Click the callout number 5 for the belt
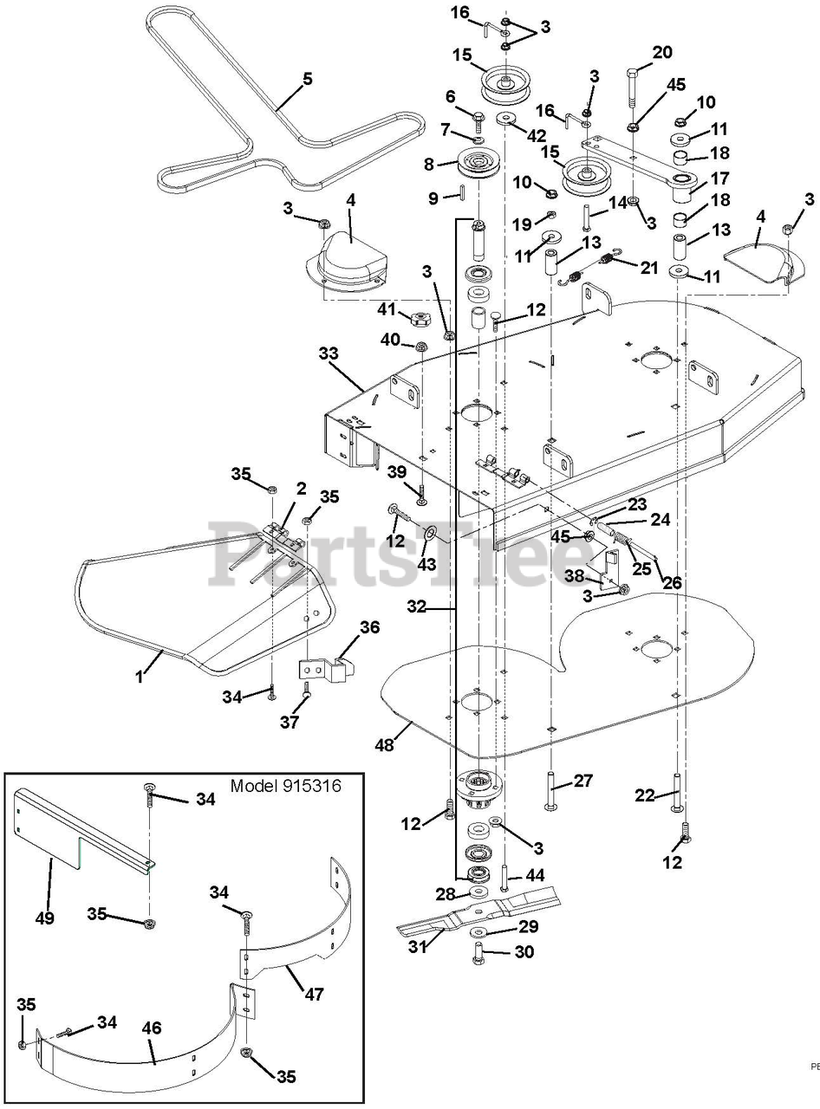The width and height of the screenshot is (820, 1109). (x=307, y=79)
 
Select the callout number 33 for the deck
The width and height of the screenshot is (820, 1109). (x=329, y=353)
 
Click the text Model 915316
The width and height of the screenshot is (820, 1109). (x=286, y=786)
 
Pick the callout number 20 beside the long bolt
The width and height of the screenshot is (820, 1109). (x=662, y=53)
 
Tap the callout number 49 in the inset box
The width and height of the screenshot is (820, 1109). (x=45, y=918)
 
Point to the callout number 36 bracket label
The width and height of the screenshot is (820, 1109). (x=370, y=627)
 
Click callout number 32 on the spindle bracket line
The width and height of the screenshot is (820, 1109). (x=417, y=607)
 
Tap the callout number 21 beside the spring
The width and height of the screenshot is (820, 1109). (x=649, y=268)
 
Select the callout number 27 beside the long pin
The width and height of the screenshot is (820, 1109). (x=582, y=781)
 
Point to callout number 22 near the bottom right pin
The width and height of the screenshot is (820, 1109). (x=644, y=795)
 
